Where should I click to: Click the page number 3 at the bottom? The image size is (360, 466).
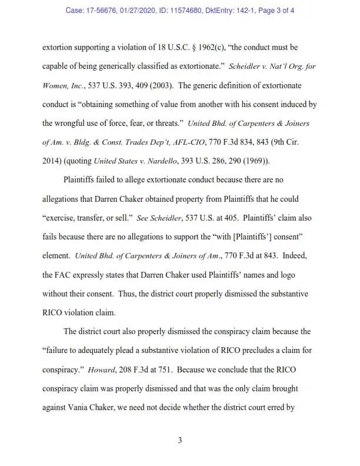tap(180, 437)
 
